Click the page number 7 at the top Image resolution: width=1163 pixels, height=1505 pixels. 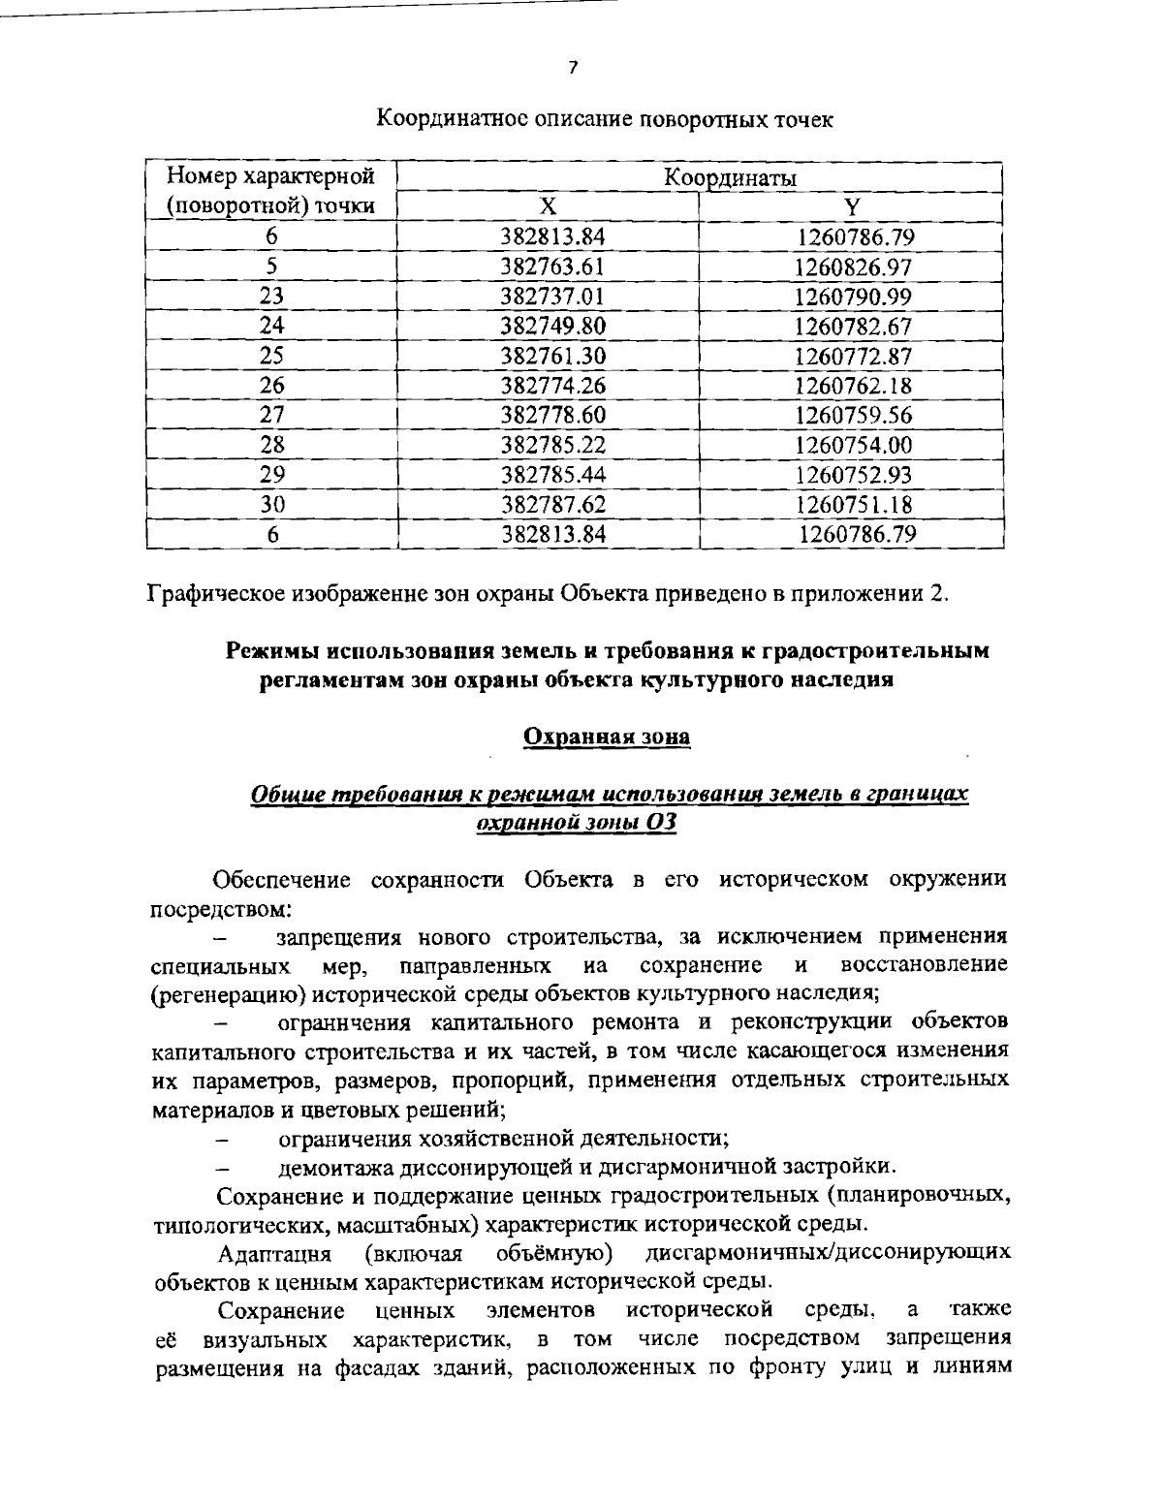pos(573,68)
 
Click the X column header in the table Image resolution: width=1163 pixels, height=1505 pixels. pos(548,206)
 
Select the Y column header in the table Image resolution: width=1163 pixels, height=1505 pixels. pos(852,207)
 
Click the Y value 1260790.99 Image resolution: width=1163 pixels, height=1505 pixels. pos(853,297)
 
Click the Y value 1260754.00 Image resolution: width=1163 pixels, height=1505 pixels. pos(853,445)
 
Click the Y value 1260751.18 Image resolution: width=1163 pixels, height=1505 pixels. pos(853,504)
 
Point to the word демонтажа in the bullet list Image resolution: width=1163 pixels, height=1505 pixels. pos(327,1166)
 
